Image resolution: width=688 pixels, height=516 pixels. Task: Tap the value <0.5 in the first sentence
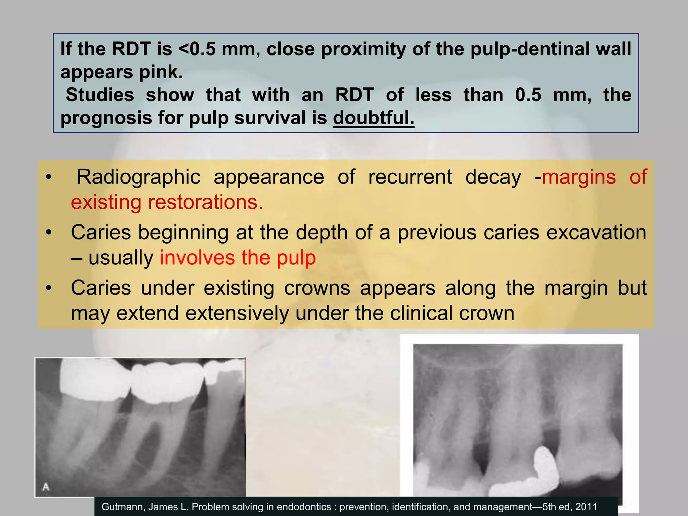(197, 49)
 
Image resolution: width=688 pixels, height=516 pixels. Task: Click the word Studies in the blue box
(100, 95)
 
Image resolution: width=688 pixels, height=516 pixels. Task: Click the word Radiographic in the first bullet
(139, 177)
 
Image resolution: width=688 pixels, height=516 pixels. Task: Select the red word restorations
(205, 202)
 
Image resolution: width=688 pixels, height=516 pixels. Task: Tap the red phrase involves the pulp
(238, 258)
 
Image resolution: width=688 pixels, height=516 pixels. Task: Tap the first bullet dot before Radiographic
(49, 177)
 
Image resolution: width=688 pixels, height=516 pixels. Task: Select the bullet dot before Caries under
(49, 288)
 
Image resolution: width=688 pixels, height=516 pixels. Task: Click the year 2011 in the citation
(586, 507)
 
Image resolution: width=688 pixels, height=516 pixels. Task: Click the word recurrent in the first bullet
(410, 177)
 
